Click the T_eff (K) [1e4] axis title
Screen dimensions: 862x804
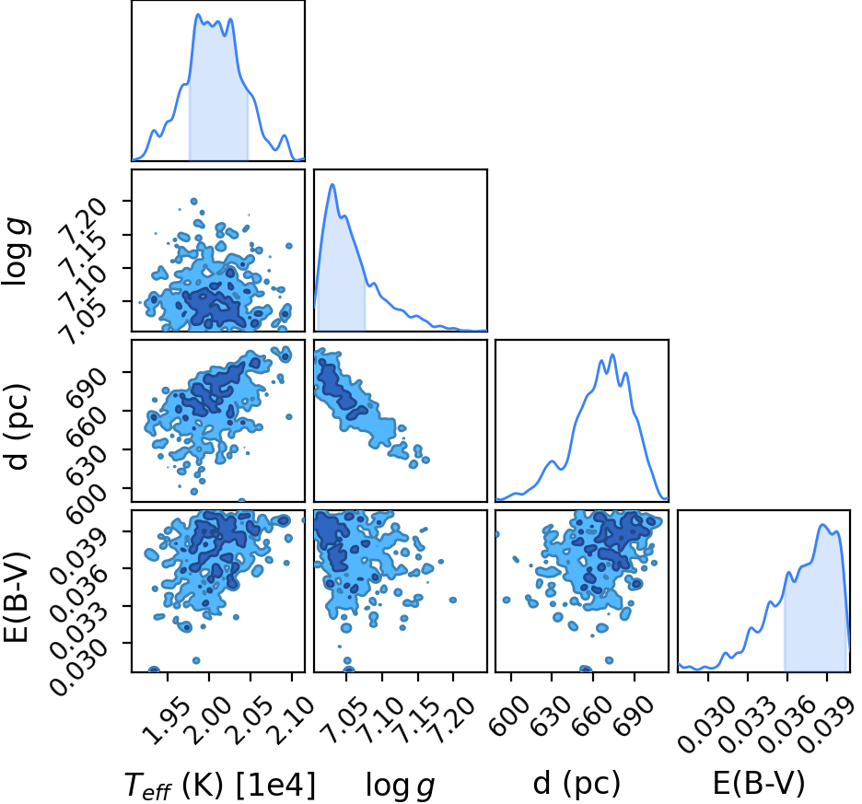[x=220, y=785]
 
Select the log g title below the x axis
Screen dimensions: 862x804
[x=401, y=787]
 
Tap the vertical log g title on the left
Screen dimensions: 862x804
[x=16, y=251]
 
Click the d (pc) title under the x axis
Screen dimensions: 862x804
[x=577, y=783]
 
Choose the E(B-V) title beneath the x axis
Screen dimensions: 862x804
[x=759, y=783]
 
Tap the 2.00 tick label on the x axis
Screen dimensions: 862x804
[x=206, y=712]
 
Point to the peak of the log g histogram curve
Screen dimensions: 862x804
[x=332, y=184]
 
